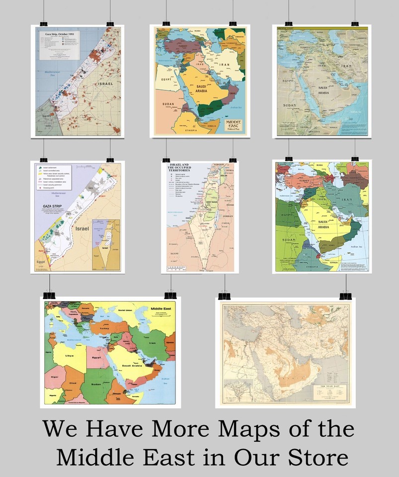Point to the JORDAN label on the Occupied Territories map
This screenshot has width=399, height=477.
click(227, 217)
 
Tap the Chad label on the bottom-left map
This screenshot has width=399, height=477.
click(73, 383)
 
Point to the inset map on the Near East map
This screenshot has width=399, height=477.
click(238, 392)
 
